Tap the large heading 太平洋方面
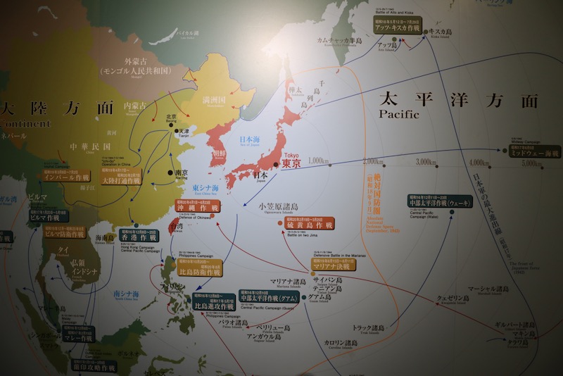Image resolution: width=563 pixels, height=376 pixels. click(x=457, y=99)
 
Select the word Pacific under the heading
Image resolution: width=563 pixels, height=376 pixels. click(x=398, y=113)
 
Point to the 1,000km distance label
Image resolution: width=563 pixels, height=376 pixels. click(x=319, y=161)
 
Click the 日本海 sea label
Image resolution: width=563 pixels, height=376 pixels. click(x=250, y=139)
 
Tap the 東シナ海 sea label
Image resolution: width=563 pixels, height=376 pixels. click(x=205, y=188)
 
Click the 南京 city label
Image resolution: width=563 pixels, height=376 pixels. click(x=181, y=173)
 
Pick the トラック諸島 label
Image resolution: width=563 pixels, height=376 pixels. click(x=369, y=328)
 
